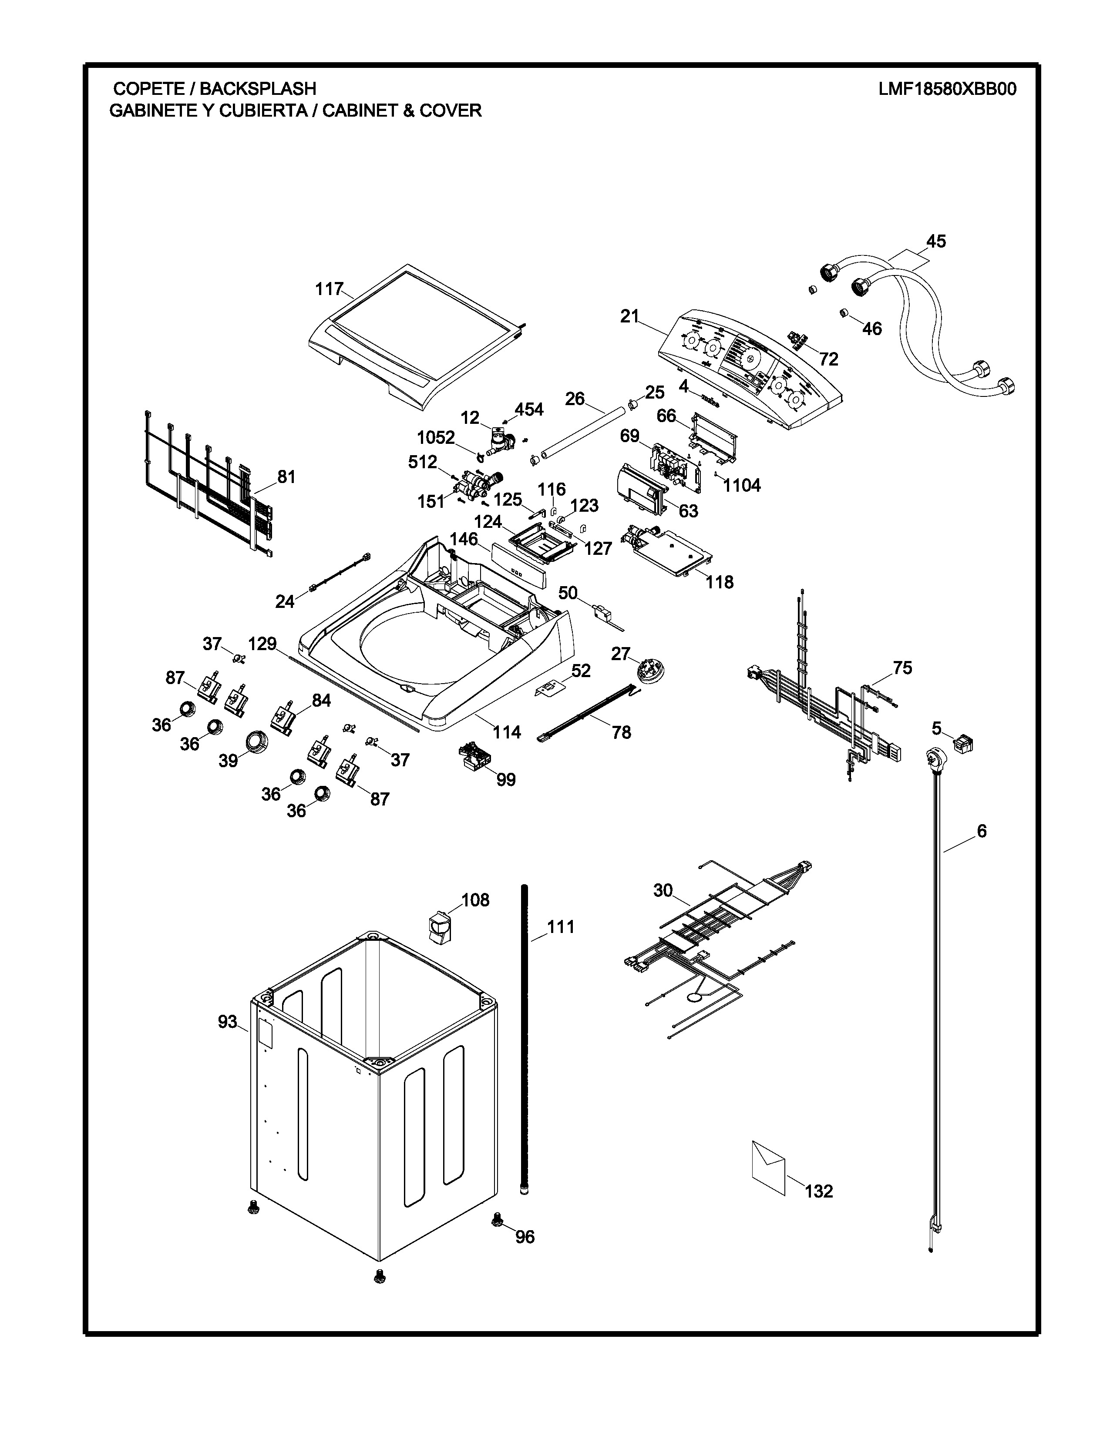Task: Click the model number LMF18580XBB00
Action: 947,89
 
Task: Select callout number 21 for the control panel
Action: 629,316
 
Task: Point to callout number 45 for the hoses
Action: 936,242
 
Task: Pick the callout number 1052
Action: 435,437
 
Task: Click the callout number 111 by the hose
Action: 561,926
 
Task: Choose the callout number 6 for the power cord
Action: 982,831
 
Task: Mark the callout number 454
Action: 529,409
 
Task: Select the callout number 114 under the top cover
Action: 507,732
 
